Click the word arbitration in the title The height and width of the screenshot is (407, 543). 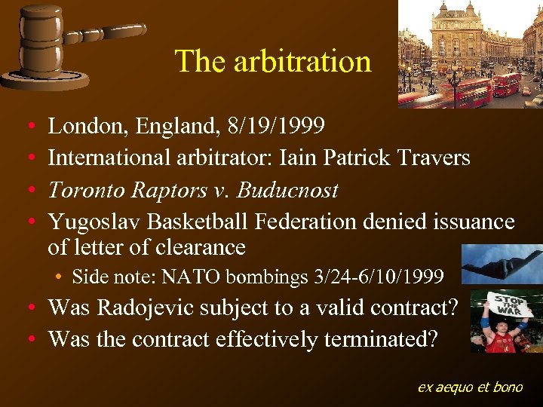coord(302,62)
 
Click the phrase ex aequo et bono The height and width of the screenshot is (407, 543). coord(470,387)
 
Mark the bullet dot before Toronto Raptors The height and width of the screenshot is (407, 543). coord(28,190)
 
